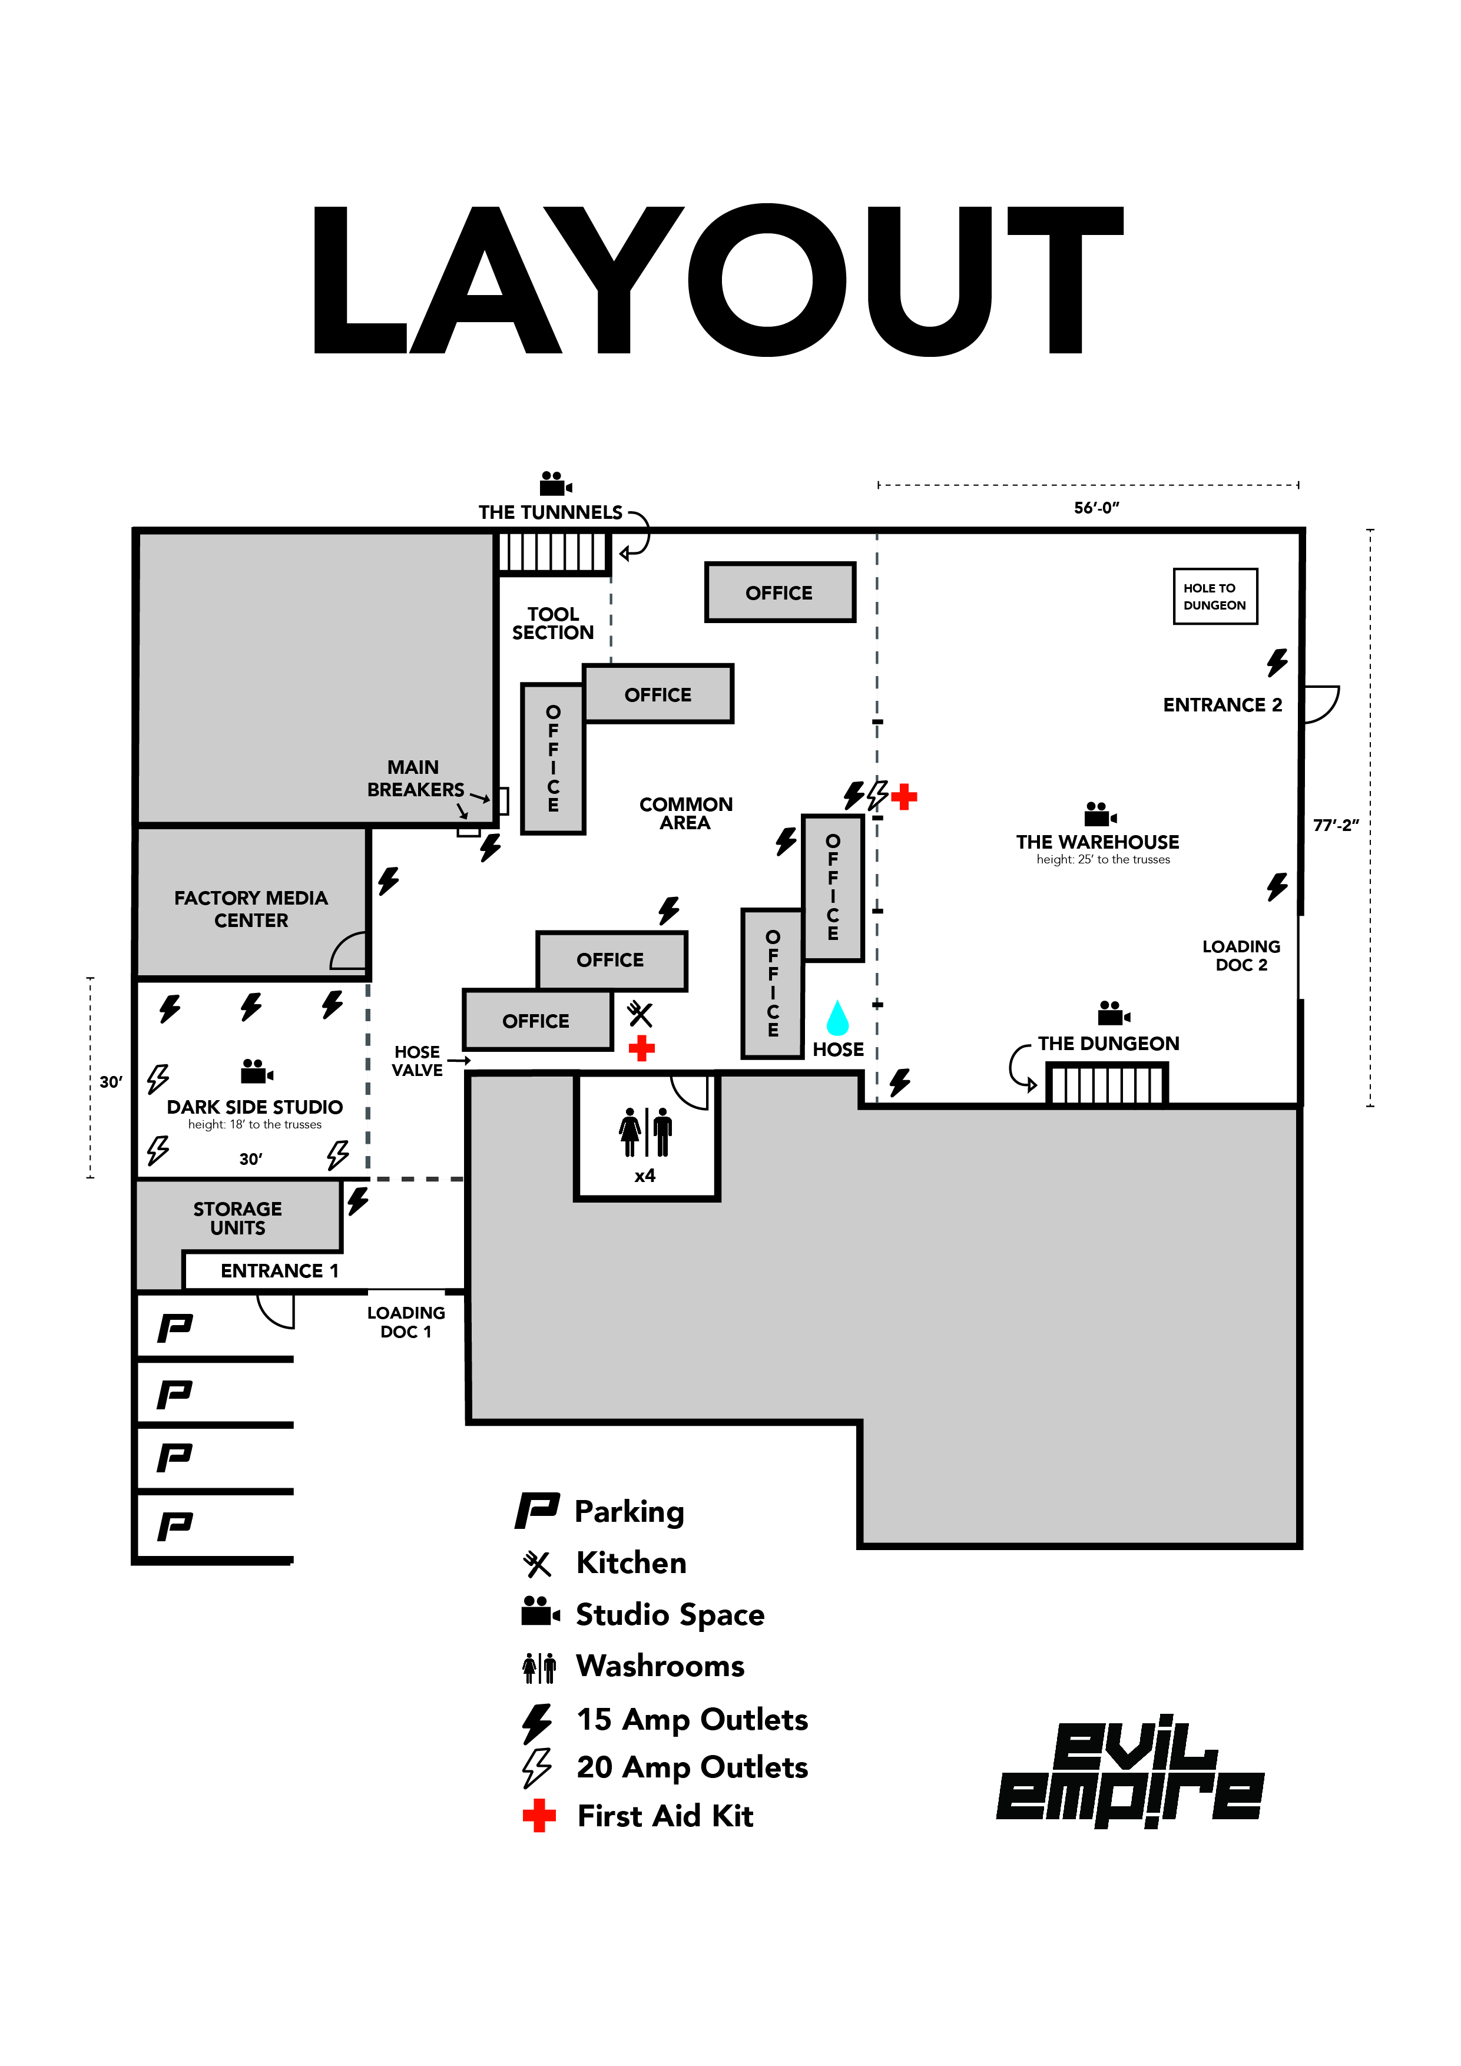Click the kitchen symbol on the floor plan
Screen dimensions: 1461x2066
(x=640, y=1014)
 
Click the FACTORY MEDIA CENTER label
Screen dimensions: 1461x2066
(x=251, y=909)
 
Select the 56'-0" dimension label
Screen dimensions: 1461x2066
(x=1096, y=508)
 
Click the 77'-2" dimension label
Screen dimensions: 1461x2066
(x=1335, y=825)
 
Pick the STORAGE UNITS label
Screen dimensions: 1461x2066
(x=237, y=1219)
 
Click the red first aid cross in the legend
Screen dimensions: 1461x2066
(x=539, y=1816)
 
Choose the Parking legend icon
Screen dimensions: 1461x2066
(x=537, y=1511)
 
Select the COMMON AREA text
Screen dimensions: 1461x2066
(x=685, y=813)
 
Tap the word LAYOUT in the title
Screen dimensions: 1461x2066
(x=717, y=280)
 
